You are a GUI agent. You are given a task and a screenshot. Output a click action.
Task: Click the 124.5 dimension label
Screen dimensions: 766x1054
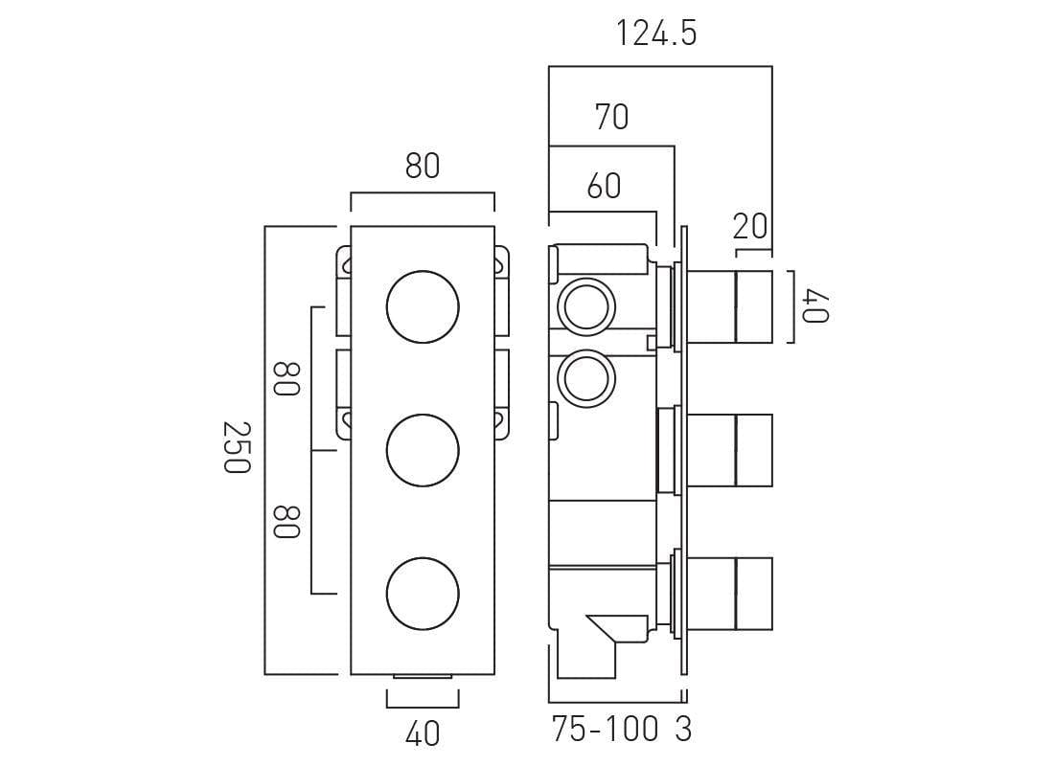coord(656,34)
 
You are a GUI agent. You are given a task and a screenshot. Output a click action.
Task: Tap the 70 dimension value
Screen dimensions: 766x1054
coord(611,117)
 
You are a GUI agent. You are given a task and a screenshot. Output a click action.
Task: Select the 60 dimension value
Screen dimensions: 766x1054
coord(604,186)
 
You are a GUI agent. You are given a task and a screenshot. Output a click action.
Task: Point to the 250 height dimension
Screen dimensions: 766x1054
coord(237,446)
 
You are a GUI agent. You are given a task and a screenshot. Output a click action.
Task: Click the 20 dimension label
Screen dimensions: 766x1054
coord(750,227)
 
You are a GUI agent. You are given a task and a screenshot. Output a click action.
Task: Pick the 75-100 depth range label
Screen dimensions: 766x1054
coord(606,731)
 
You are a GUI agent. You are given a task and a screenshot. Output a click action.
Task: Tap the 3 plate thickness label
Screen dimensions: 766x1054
coord(682,731)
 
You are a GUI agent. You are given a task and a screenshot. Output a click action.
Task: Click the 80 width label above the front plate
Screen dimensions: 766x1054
coord(422,167)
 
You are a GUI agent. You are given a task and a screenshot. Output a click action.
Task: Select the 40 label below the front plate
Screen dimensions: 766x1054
coord(423,734)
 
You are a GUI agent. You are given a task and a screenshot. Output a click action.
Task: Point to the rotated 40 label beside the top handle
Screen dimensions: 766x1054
coord(813,306)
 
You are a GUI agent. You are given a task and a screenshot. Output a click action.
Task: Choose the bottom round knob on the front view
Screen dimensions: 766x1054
coord(423,593)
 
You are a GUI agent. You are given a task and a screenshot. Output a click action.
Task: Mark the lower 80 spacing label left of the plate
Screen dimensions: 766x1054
coord(286,522)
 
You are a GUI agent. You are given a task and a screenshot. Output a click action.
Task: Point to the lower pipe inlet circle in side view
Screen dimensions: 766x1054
coord(584,377)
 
